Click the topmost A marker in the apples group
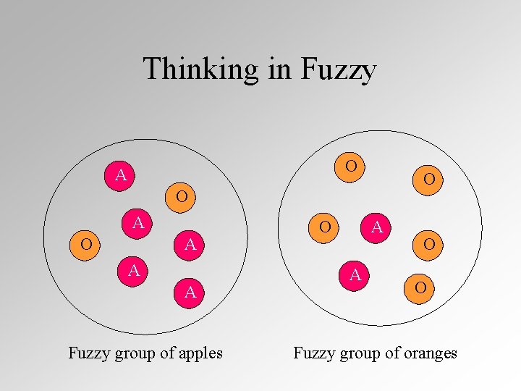coord(121,175)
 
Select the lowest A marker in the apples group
coord(190,293)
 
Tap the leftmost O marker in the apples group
coord(86,244)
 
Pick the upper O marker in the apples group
coord(182,195)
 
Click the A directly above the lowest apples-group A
coord(190,244)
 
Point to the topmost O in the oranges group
coord(351,166)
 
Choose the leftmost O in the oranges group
coord(326,227)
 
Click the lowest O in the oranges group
coord(420,288)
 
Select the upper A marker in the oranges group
coord(377,227)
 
